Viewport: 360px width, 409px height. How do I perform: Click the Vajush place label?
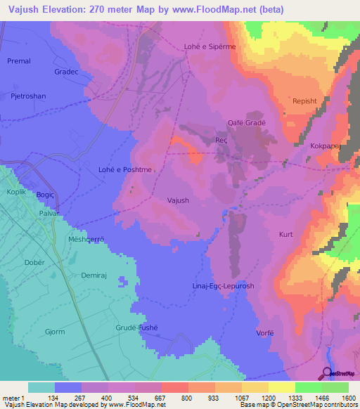click(x=178, y=200)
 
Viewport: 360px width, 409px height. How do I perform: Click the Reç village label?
click(x=221, y=141)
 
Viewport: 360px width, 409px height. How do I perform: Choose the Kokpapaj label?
click(x=325, y=145)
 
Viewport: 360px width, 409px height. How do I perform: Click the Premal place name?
click(x=19, y=61)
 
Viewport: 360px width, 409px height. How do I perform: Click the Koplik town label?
click(x=17, y=192)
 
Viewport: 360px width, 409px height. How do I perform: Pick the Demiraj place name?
click(x=93, y=275)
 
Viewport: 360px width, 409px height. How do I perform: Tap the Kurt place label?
click(x=285, y=234)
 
